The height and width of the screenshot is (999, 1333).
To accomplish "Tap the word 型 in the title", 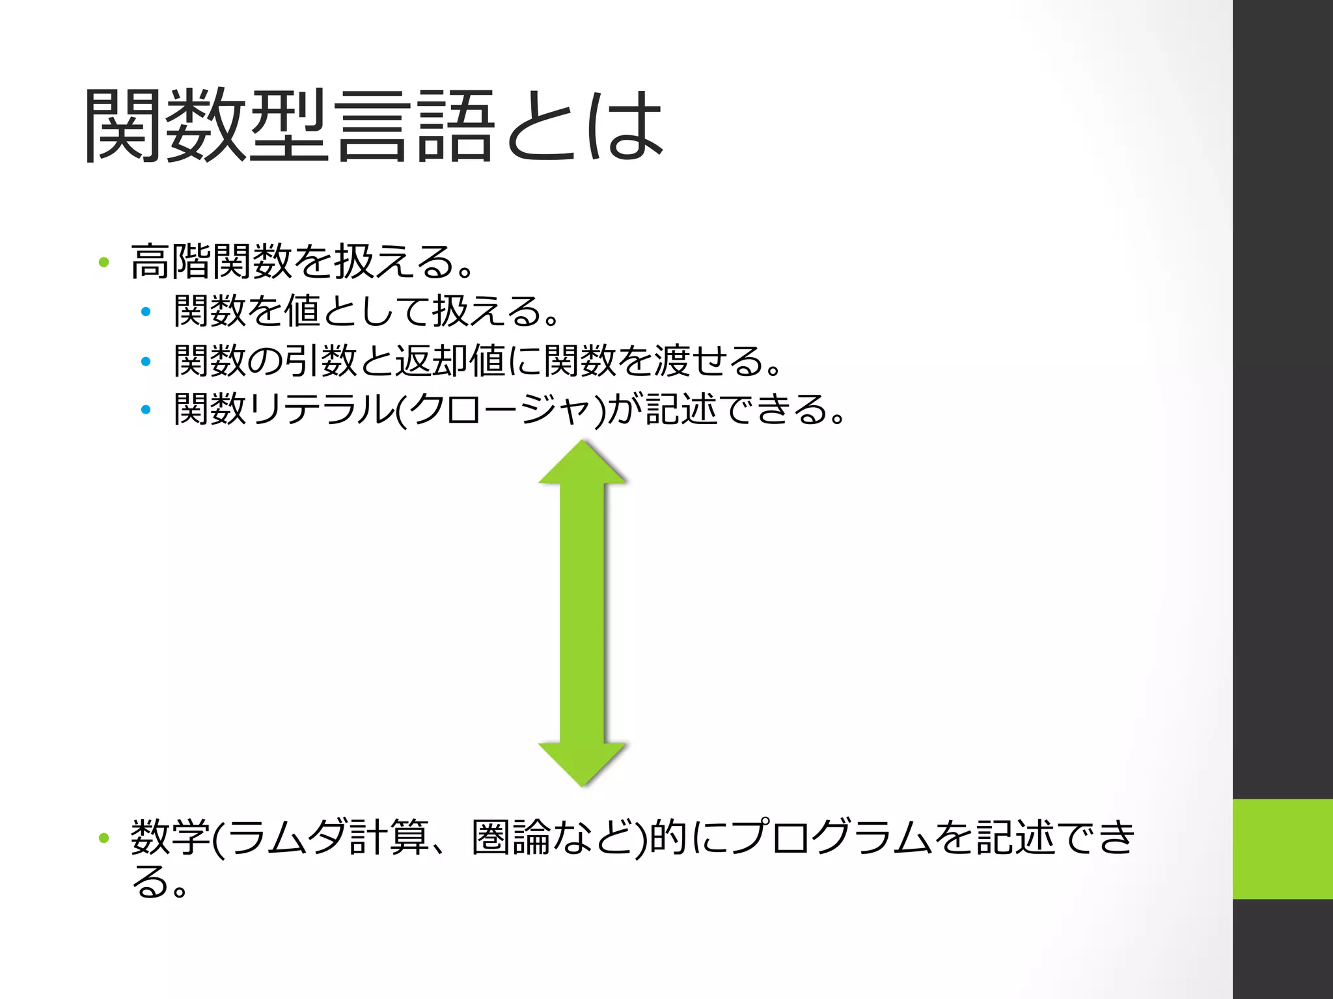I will click(x=288, y=125).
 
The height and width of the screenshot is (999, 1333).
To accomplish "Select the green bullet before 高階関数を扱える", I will click(x=103, y=262).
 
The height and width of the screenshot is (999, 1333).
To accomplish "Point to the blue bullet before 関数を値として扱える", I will click(x=146, y=312).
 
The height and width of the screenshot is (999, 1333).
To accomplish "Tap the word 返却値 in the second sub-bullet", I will click(x=450, y=360).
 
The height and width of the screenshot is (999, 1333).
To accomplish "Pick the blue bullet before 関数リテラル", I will click(x=146, y=410).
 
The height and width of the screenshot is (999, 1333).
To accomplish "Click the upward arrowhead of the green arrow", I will click(x=583, y=463).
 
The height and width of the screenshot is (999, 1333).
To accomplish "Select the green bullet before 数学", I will click(x=103, y=838).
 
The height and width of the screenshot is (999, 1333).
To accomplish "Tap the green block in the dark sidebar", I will click(x=1282, y=849).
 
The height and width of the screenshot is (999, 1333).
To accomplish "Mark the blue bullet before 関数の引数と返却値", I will click(x=146, y=362).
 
